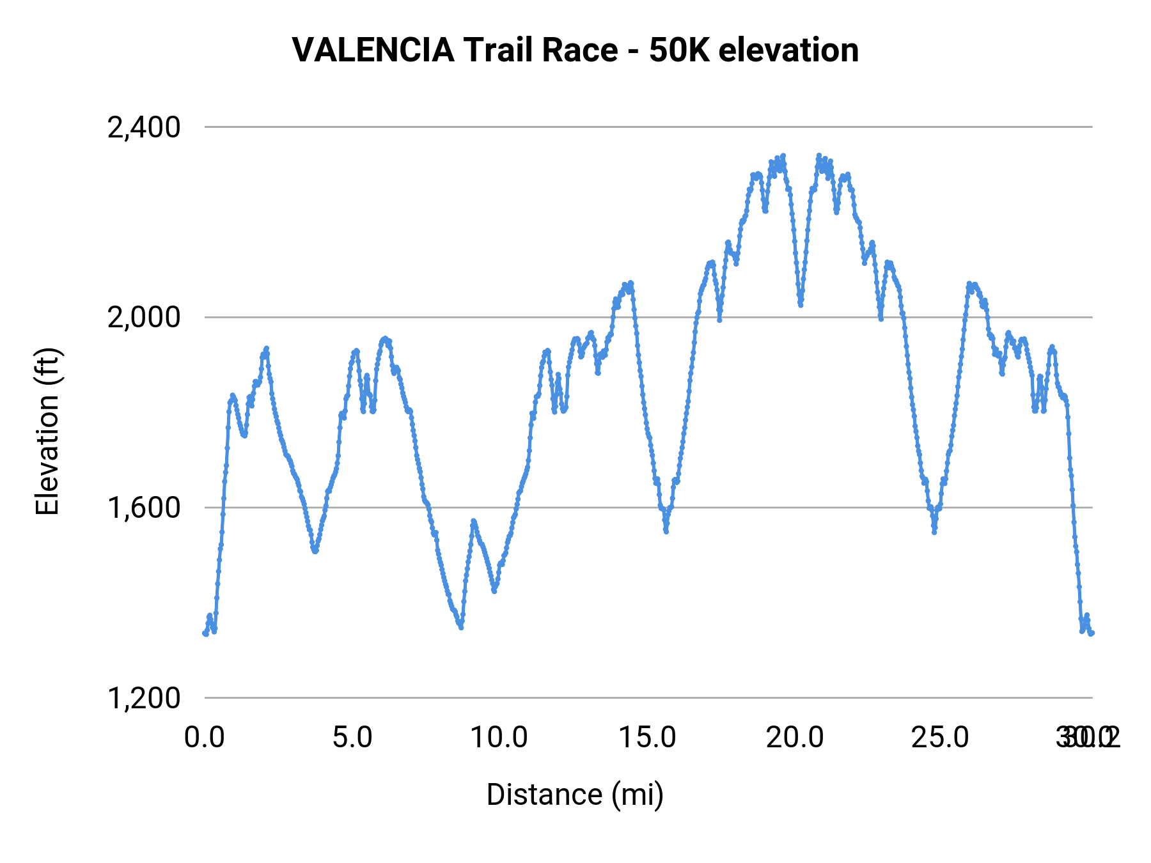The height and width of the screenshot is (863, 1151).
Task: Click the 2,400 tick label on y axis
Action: click(144, 128)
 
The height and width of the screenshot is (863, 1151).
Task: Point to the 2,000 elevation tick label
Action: click(144, 318)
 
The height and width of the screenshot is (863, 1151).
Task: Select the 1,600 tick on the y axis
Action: click(144, 508)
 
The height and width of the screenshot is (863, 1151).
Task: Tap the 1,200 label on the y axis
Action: click(144, 698)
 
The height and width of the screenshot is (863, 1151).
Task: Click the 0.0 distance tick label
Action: click(205, 738)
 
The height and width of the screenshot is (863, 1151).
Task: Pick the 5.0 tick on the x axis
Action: click(352, 738)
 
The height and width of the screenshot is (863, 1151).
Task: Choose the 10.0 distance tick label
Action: click(499, 738)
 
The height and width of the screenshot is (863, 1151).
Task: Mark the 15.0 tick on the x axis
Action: click(647, 738)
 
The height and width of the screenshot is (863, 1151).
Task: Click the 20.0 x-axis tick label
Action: click(795, 738)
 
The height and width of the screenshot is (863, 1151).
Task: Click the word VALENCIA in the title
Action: click(373, 51)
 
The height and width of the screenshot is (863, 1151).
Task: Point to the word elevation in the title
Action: click(788, 51)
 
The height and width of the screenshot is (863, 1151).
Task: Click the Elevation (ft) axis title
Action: click(47, 432)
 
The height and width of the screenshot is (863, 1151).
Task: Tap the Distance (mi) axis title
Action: click(575, 795)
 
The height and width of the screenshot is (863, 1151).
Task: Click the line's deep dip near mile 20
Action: click(801, 305)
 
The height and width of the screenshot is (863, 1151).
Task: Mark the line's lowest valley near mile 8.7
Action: click(461, 627)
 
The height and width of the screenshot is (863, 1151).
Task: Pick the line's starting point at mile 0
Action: click(205, 634)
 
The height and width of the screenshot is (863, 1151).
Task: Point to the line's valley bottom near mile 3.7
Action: click(315, 550)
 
